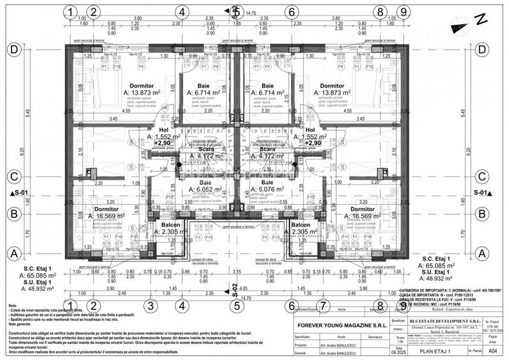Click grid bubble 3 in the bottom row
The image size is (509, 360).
(x=150, y=306)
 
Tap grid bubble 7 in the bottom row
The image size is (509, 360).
(x=324, y=306)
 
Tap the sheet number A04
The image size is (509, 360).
(x=492, y=350)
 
